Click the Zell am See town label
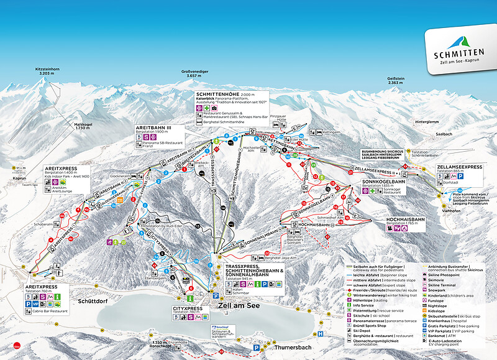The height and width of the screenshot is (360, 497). (x=237, y=305)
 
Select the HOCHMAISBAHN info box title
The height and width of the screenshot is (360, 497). (x=406, y=220)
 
